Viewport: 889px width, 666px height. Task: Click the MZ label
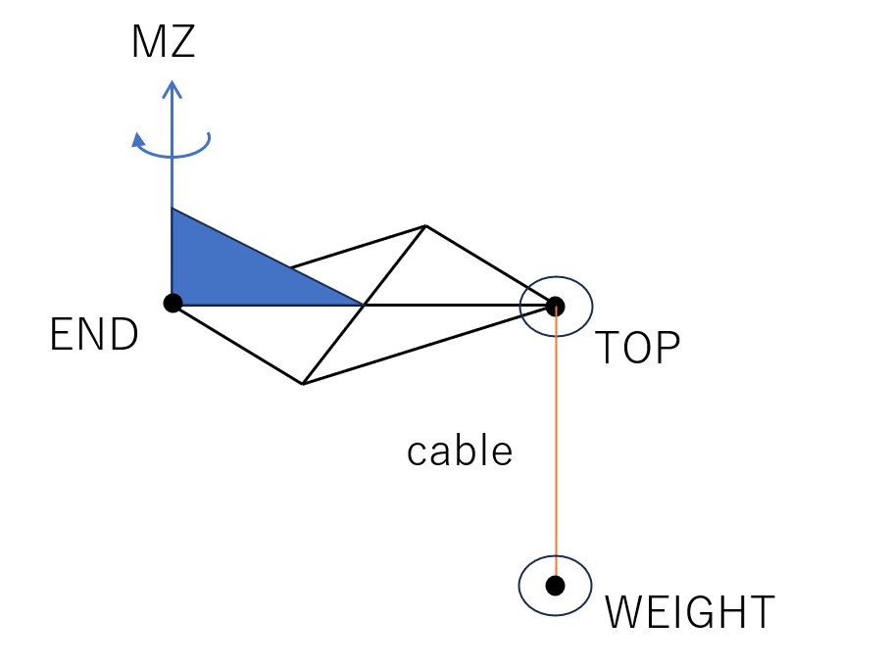pyautogui.click(x=164, y=41)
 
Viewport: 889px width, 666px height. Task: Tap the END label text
pyautogui.click(x=94, y=334)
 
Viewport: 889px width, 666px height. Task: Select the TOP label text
pyautogui.click(x=638, y=347)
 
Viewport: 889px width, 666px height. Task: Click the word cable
pyautogui.click(x=460, y=451)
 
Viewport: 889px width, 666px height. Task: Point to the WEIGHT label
pyautogui.click(x=690, y=611)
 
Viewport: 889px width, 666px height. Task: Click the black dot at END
pyautogui.click(x=173, y=303)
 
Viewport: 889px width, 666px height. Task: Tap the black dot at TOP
pyautogui.click(x=555, y=307)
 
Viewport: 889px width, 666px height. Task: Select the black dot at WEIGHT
pyautogui.click(x=555, y=586)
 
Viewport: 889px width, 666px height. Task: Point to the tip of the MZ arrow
pyautogui.click(x=172, y=81)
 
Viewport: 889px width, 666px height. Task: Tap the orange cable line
pyautogui.click(x=556, y=446)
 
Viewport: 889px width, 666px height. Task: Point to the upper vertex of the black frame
pyautogui.click(x=425, y=226)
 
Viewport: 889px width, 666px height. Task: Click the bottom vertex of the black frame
pyautogui.click(x=303, y=384)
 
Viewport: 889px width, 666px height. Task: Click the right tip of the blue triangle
pyautogui.click(x=363, y=306)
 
